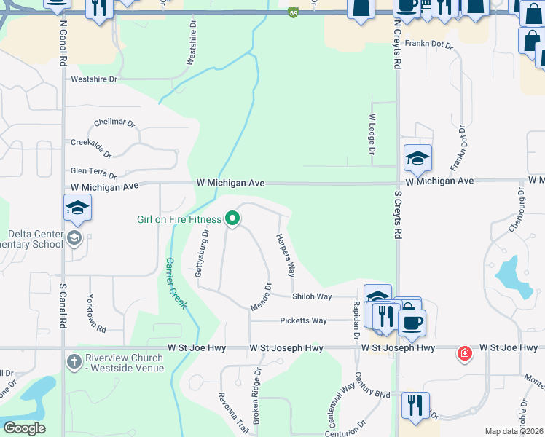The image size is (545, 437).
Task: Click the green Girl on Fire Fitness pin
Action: (232, 219)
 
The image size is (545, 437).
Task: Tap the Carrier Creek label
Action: (175, 283)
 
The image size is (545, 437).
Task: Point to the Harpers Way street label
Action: (286, 255)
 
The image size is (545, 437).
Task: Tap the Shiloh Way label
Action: (312, 296)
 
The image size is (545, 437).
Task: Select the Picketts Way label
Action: (303, 320)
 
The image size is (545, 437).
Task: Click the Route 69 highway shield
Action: (293, 12)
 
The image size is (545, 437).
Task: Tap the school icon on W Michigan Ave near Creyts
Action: (418, 158)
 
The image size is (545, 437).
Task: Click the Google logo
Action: (25, 428)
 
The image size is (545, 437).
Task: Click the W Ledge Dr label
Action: (372, 134)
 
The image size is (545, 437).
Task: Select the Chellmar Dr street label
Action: (115, 122)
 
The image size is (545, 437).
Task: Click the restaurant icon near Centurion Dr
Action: (415, 405)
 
